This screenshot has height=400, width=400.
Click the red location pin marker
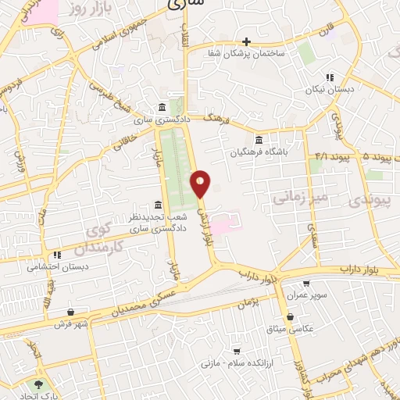(201, 184)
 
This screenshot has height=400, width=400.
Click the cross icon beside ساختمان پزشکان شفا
(246, 41)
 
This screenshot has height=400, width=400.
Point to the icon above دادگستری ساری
(161, 107)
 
